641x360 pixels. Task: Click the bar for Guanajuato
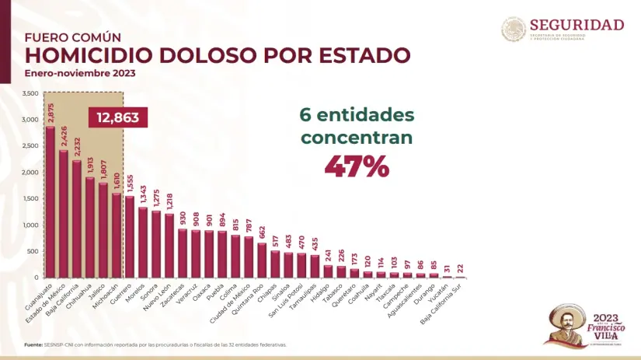50,202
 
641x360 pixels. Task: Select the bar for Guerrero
129,237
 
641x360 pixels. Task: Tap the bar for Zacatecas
182,253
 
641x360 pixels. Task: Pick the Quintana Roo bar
261,260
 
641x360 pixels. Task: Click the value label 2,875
51,114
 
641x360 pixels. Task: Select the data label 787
249,225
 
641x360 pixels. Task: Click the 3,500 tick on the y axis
30,93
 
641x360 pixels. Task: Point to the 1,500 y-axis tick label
30,198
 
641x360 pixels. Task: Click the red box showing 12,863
117,117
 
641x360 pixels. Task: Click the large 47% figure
357,166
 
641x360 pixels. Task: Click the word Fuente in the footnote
33,344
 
